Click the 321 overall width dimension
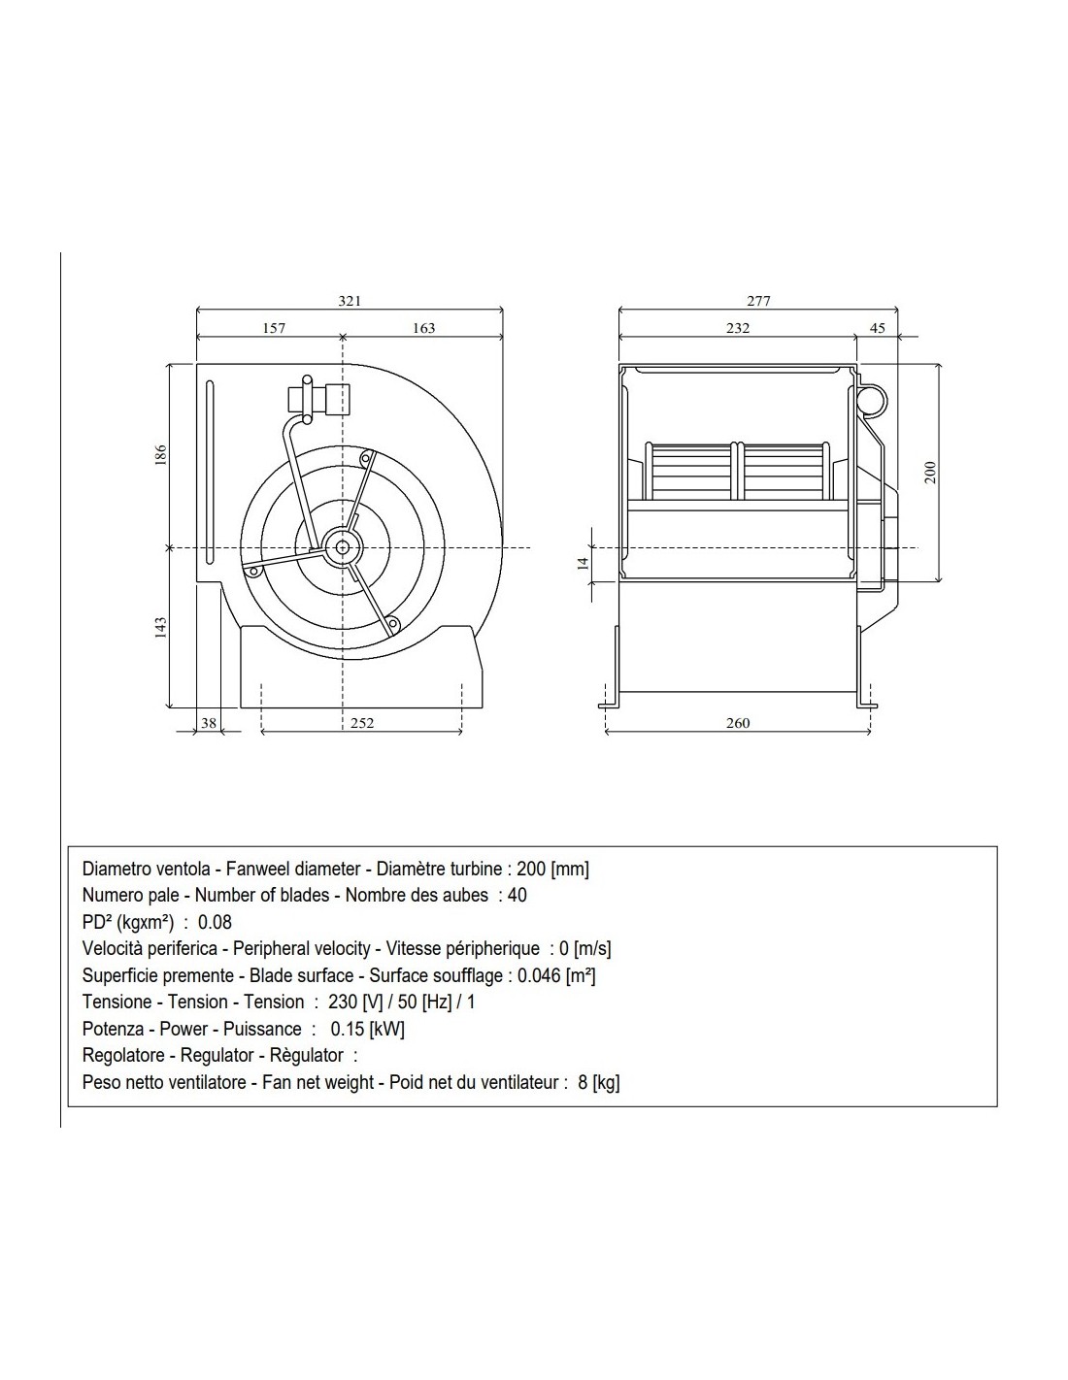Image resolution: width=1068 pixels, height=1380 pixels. coord(350,301)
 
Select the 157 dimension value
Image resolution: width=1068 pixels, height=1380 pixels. coord(274,328)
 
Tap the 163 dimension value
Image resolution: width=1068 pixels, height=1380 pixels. coord(423,328)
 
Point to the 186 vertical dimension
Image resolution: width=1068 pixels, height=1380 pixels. coord(161,455)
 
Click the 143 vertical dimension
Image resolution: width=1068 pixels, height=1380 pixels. coord(161,627)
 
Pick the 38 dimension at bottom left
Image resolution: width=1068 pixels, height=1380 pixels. coord(209,722)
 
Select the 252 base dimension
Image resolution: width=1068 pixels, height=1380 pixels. coord(362,722)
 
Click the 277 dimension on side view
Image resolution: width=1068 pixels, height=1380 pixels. coord(758,301)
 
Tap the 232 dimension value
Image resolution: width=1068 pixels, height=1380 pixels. coord(738,328)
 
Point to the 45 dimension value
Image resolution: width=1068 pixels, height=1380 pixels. coord(877,328)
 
